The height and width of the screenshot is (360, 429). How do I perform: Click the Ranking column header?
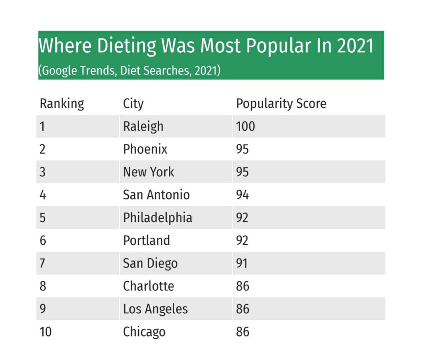(62, 103)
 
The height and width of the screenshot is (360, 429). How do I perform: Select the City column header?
(133, 103)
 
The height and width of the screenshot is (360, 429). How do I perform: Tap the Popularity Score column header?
(281, 103)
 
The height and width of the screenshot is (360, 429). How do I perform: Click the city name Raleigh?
(143, 126)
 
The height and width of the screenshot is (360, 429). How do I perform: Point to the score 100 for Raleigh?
(246, 126)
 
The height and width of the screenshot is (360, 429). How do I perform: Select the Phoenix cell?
(145, 149)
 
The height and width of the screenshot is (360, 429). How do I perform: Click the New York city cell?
(149, 172)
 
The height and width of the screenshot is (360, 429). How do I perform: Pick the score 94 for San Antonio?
(243, 195)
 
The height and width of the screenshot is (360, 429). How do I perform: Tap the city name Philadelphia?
(158, 218)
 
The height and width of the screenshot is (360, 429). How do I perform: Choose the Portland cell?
(147, 240)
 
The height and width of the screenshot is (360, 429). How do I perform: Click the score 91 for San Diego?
(242, 263)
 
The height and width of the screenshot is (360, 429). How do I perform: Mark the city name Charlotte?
(148, 286)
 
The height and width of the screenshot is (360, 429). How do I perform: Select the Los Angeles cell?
(155, 309)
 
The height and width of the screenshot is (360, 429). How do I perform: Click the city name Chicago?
(144, 332)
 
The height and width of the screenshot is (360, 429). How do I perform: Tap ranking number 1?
(42, 126)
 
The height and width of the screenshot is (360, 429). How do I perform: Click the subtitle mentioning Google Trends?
(129, 70)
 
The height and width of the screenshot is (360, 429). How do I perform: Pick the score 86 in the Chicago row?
(243, 332)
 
